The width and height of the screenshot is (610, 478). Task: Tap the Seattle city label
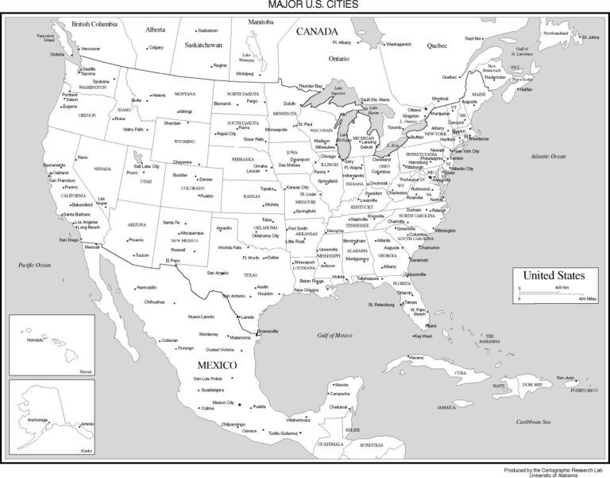(88, 69)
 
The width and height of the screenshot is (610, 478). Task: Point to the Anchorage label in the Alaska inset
(39, 419)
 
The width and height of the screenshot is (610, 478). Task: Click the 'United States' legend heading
(553, 275)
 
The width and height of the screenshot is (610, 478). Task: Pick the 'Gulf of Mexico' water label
(334, 336)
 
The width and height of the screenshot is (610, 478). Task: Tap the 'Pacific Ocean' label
(35, 264)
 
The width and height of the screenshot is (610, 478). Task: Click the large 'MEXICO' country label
(217, 364)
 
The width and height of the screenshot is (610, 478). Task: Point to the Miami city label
(430, 325)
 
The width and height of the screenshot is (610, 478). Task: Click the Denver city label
(206, 180)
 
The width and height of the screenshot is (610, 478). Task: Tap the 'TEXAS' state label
(251, 275)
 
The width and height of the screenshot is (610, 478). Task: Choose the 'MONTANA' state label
(184, 94)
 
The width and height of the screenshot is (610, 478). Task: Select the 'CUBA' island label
(461, 372)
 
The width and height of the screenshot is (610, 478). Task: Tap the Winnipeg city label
(244, 73)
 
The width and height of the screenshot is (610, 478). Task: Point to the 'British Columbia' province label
(95, 24)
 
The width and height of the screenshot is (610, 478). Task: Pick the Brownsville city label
(268, 331)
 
